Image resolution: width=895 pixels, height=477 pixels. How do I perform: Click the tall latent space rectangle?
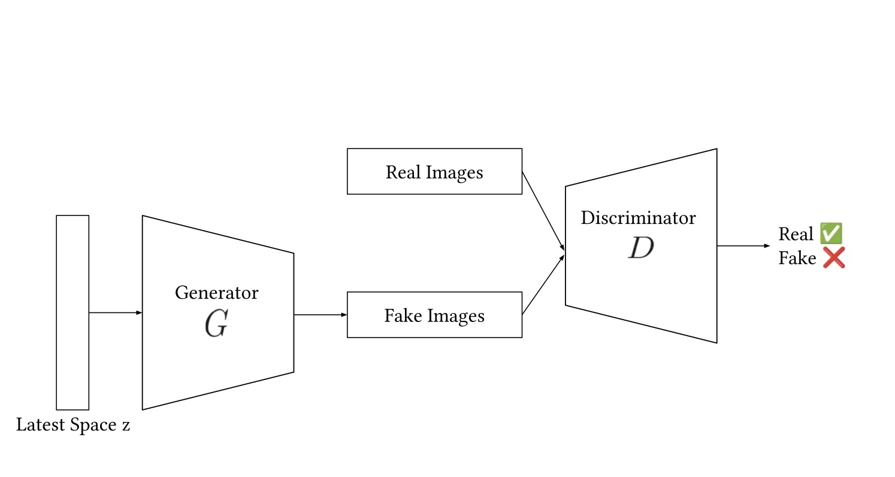tap(72, 312)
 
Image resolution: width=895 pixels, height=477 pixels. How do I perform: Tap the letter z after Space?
tap(125, 426)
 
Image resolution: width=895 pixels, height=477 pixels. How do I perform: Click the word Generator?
tap(216, 293)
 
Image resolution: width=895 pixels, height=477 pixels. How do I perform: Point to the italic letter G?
tap(216, 324)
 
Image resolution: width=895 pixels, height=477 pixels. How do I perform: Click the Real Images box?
tap(434, 171)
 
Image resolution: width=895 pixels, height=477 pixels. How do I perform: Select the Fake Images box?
tap(434, 315)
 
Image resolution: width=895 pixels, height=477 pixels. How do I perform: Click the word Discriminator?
tap(638, 218)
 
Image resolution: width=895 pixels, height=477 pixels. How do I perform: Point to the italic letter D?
tap(640, 248)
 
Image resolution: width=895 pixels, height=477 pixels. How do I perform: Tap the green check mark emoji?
tap(831, 233)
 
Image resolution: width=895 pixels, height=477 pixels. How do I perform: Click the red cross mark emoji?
tap(833, 258)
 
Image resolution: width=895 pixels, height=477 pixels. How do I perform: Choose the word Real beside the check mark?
tap(796, 233)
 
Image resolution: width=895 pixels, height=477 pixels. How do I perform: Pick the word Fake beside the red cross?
tap(797, 259)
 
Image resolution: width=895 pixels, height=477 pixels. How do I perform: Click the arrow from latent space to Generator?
tap(115, 312)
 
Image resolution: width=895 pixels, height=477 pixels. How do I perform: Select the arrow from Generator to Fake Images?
tap(320, 315)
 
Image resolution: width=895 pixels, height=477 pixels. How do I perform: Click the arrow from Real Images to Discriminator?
tap(543, 210)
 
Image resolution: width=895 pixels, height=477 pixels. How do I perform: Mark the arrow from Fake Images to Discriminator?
tap(543, 285)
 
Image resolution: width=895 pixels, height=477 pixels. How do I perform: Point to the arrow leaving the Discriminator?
tap(743, 246)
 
